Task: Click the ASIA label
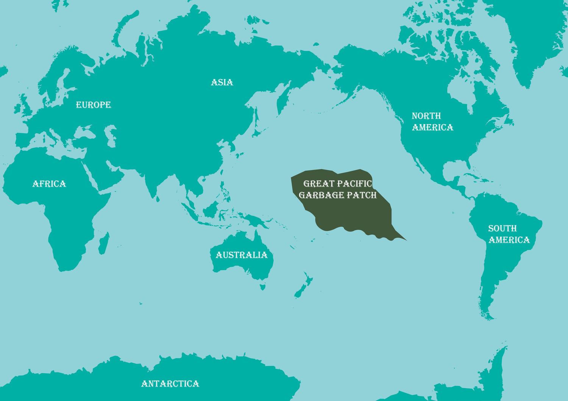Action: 222,82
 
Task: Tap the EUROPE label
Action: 93,105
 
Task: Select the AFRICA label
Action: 49,184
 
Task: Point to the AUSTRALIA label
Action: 242,255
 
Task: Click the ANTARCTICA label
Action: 170,384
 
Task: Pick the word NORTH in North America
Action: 426,116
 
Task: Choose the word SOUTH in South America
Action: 502,228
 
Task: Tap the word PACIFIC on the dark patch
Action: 354,184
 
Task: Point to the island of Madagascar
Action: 103,243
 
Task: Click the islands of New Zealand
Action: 303,288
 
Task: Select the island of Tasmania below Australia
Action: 262,287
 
